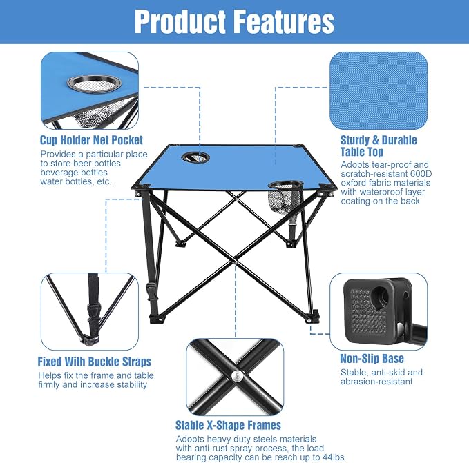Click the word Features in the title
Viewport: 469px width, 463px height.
pyautogui.click(x=283, y=22)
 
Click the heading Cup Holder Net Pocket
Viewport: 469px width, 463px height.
pyautogui.click(x=92, y=140)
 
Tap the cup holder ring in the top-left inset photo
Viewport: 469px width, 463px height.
pyautogui.click(x=94, y=84)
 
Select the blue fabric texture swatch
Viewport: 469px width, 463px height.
pyautogui.click(x=379, y=90)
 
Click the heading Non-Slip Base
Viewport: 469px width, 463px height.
pyautogui.click(x=372, y=358)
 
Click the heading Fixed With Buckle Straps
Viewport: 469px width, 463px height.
pyautogui.click(x=95, y=362)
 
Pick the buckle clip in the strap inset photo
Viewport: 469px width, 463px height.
pyautogui.click(x=93, y=312)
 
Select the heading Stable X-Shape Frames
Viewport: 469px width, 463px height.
pyautogui.click(x=228, y=425)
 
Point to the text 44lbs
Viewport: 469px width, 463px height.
pyautogui.click(x=334, y=457)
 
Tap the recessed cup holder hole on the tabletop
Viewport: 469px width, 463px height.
pyautogui.click(x=195, y=157)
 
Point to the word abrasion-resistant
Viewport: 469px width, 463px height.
pyautogui.click(x=376, y=382)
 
